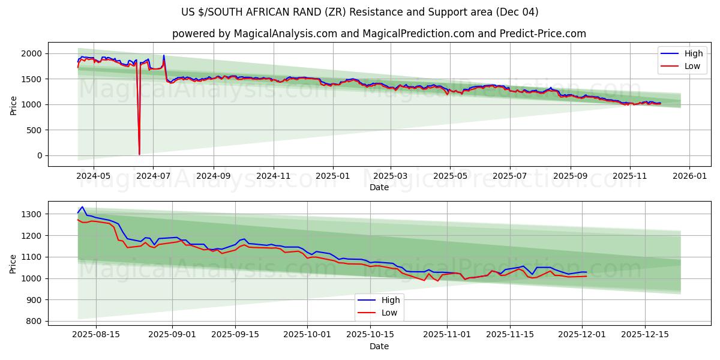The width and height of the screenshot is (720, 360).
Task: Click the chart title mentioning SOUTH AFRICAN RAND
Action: [x=360, y=12]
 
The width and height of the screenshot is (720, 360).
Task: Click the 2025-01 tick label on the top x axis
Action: [x=332, y=176]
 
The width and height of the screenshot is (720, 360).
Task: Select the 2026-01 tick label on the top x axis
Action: [x=689, y=176]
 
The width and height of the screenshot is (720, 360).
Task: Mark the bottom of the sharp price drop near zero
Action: [x=139, y=154]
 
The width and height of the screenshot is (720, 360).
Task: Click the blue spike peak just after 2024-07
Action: [x=164, y=56]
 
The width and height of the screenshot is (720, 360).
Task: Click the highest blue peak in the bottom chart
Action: [x=82, y=207]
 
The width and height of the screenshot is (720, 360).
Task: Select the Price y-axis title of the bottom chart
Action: [x=14, y=263]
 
